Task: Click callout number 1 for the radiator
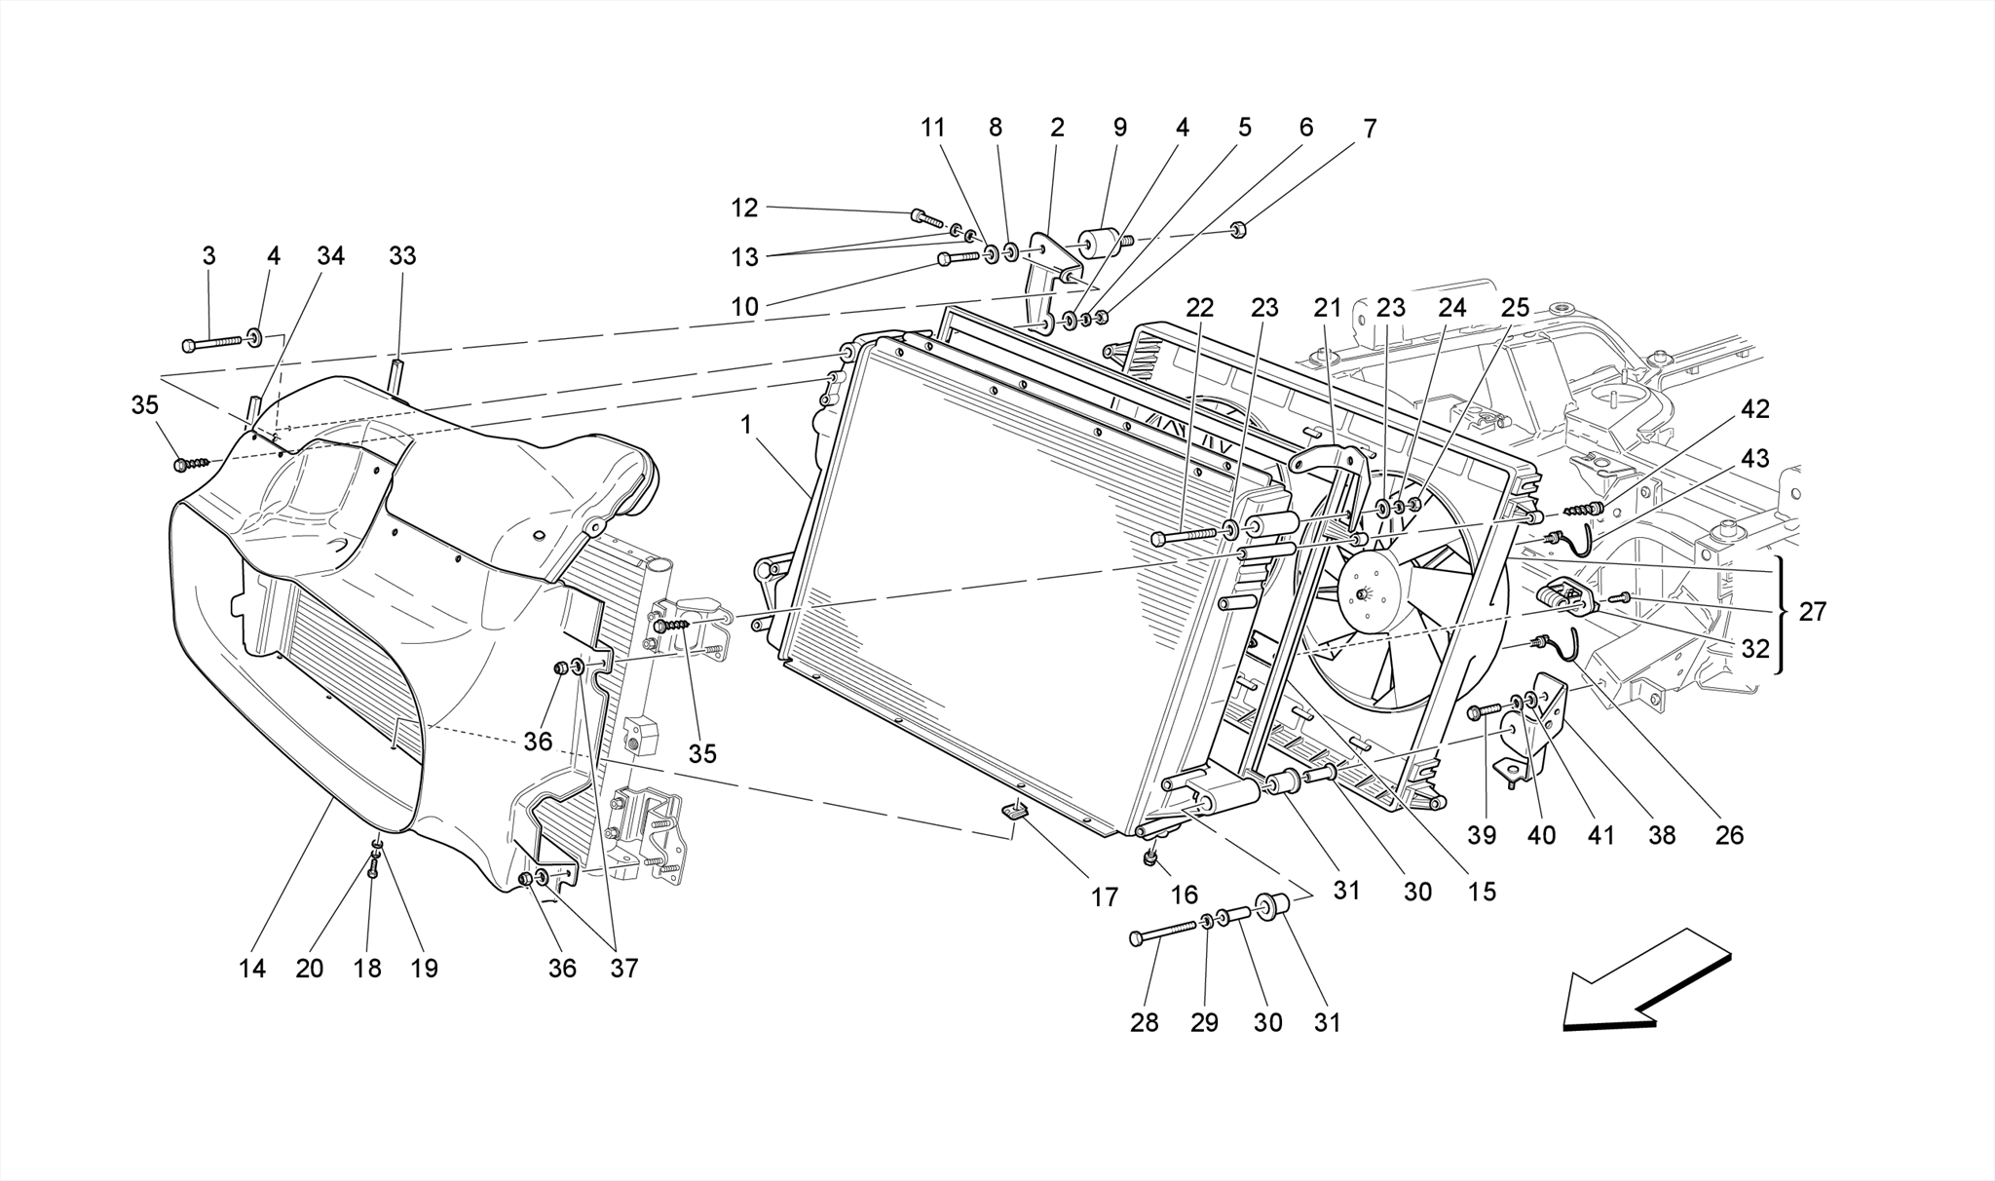pos(745,425)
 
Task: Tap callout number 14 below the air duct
pos(251,968)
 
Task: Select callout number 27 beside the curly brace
pos(1812,612)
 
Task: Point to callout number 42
pos(1754,409)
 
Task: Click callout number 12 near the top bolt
pos(744,208)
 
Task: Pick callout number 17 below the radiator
pos(1104,896)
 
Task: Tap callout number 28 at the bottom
pos(1145,1022)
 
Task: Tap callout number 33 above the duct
pos(401,255)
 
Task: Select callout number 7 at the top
pos(1369,128)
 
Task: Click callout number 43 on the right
pos(1754,458)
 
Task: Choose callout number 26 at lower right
pos(1729,835)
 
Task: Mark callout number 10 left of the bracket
pos(744,307)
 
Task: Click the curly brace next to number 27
pos(1783,614)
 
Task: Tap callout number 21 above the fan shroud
pos(1327,308)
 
